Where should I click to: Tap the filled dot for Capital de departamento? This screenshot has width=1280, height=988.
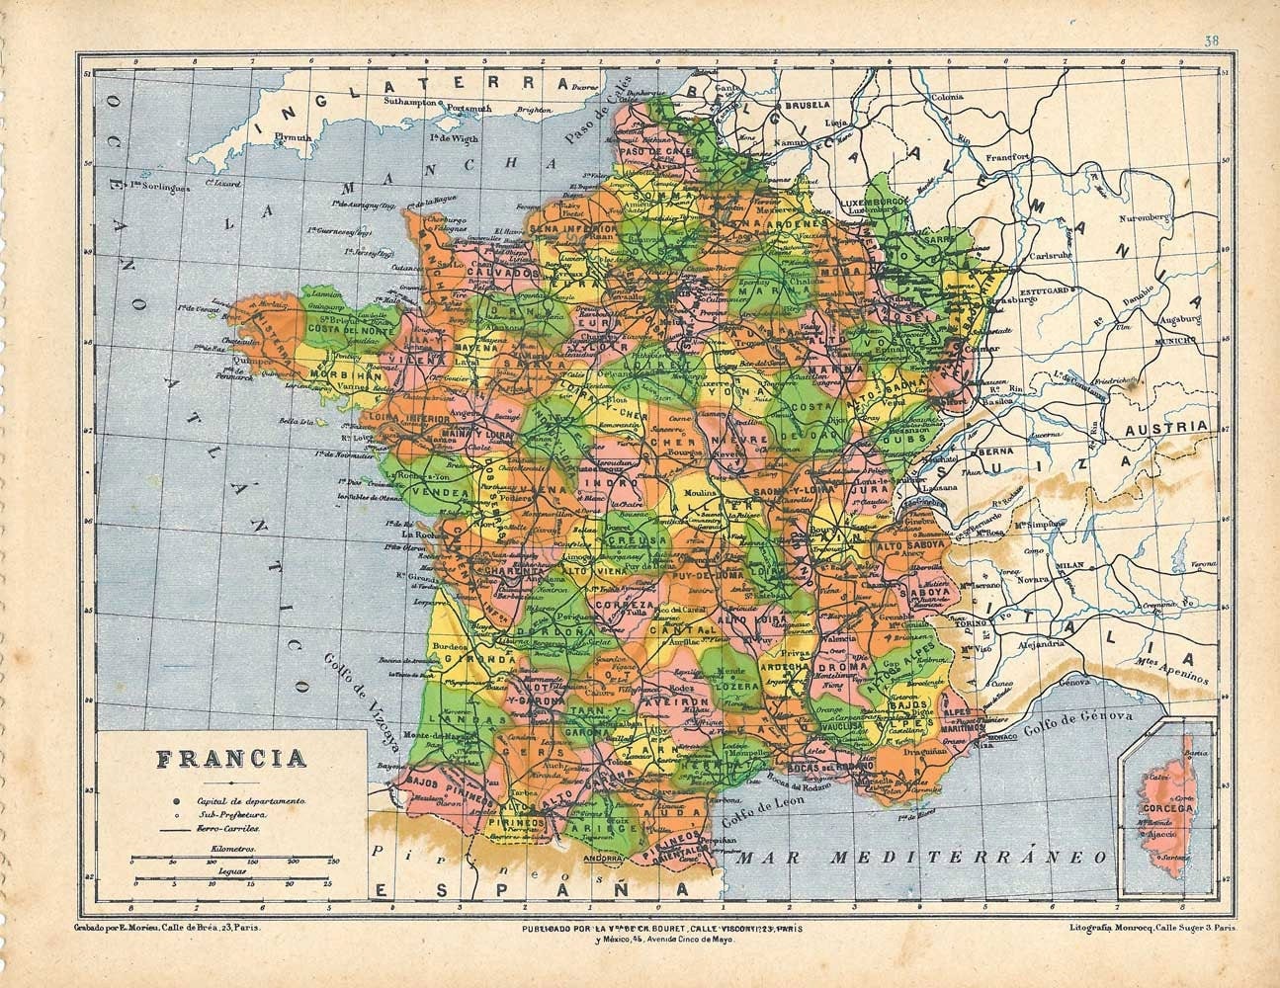(x=175, y=798)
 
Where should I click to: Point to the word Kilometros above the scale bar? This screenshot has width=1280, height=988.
(x=233, y=849)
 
